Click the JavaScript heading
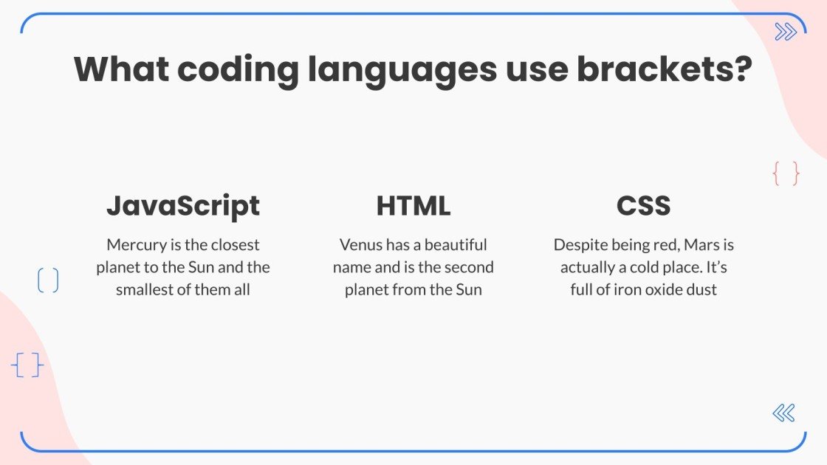click(183, 206)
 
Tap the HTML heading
click(413, 206)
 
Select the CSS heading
click(643, 206)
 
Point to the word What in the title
click(120, 69)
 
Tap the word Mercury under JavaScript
click(134, 245)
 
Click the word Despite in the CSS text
click(578, 245)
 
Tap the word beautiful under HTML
click(456, 244)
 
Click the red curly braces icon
click(786, 174)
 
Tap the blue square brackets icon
click(48, 280)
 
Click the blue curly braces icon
click(27, 365)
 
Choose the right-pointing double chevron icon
click(786, 32)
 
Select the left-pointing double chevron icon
click(783, 413)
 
